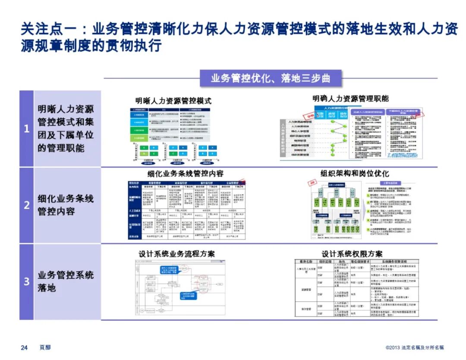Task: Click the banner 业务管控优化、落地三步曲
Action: pos(271,79)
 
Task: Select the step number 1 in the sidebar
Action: pos(26,129)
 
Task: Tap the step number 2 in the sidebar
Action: pos(26,205)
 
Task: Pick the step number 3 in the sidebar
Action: pos(26,281)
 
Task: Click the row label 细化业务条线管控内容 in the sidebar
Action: pos(65,205)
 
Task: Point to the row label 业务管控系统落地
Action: pos(65,281)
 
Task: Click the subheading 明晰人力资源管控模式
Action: pos(173,101)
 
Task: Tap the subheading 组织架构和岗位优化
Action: pos(355,173)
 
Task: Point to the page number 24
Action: pos(25,347)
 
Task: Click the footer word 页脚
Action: pos(45,347)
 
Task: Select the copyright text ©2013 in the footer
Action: pos(393,347)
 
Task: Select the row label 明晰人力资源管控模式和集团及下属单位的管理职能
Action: pos(65,129)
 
